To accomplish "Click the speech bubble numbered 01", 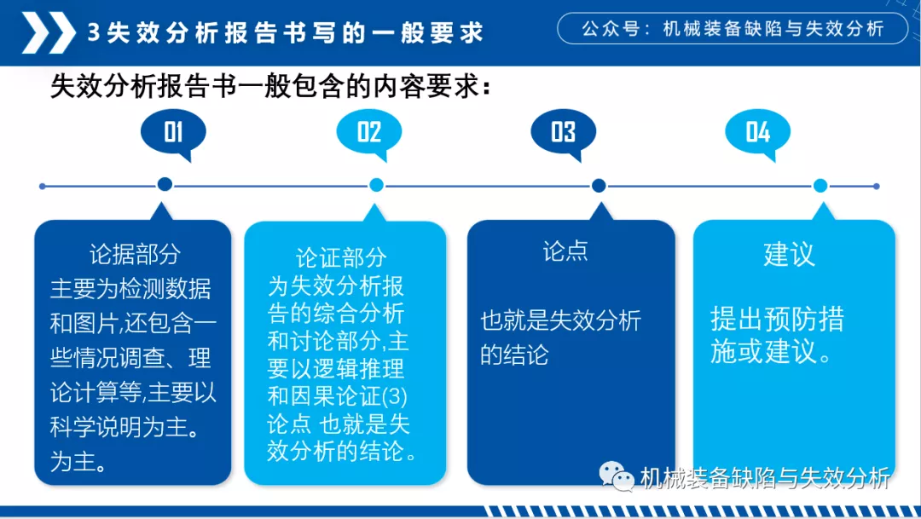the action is [x=173, y=133].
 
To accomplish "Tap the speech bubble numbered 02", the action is [x=369, y=133].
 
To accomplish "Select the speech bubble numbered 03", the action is [x=564, y=133].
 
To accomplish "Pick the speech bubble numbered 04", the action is [x=758, y=133].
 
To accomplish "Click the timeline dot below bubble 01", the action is [x=165, y=184].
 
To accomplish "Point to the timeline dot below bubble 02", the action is [x=377, y=185].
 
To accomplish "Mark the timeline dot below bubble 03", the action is [x=599, y=186].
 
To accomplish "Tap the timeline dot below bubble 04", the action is [x=820, y=186].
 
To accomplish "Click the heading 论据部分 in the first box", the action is [x=135, y=254].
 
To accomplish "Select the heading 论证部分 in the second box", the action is [x=341, y=257].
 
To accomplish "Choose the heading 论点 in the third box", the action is [x=565, y=251].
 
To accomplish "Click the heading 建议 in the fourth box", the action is [x=789, y=254].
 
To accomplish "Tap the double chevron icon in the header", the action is [x=49, y=33].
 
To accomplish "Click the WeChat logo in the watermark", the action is [x=617, y=476].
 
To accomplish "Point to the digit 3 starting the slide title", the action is [x=93, y=32].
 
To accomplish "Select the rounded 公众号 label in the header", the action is [x=733, y=28].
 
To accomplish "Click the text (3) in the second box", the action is [x=395, y=396].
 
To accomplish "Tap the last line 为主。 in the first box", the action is [x=78, y=461].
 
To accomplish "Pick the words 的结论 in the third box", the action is [x=514, y=355].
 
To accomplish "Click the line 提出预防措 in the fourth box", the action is [x=777, y=320].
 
